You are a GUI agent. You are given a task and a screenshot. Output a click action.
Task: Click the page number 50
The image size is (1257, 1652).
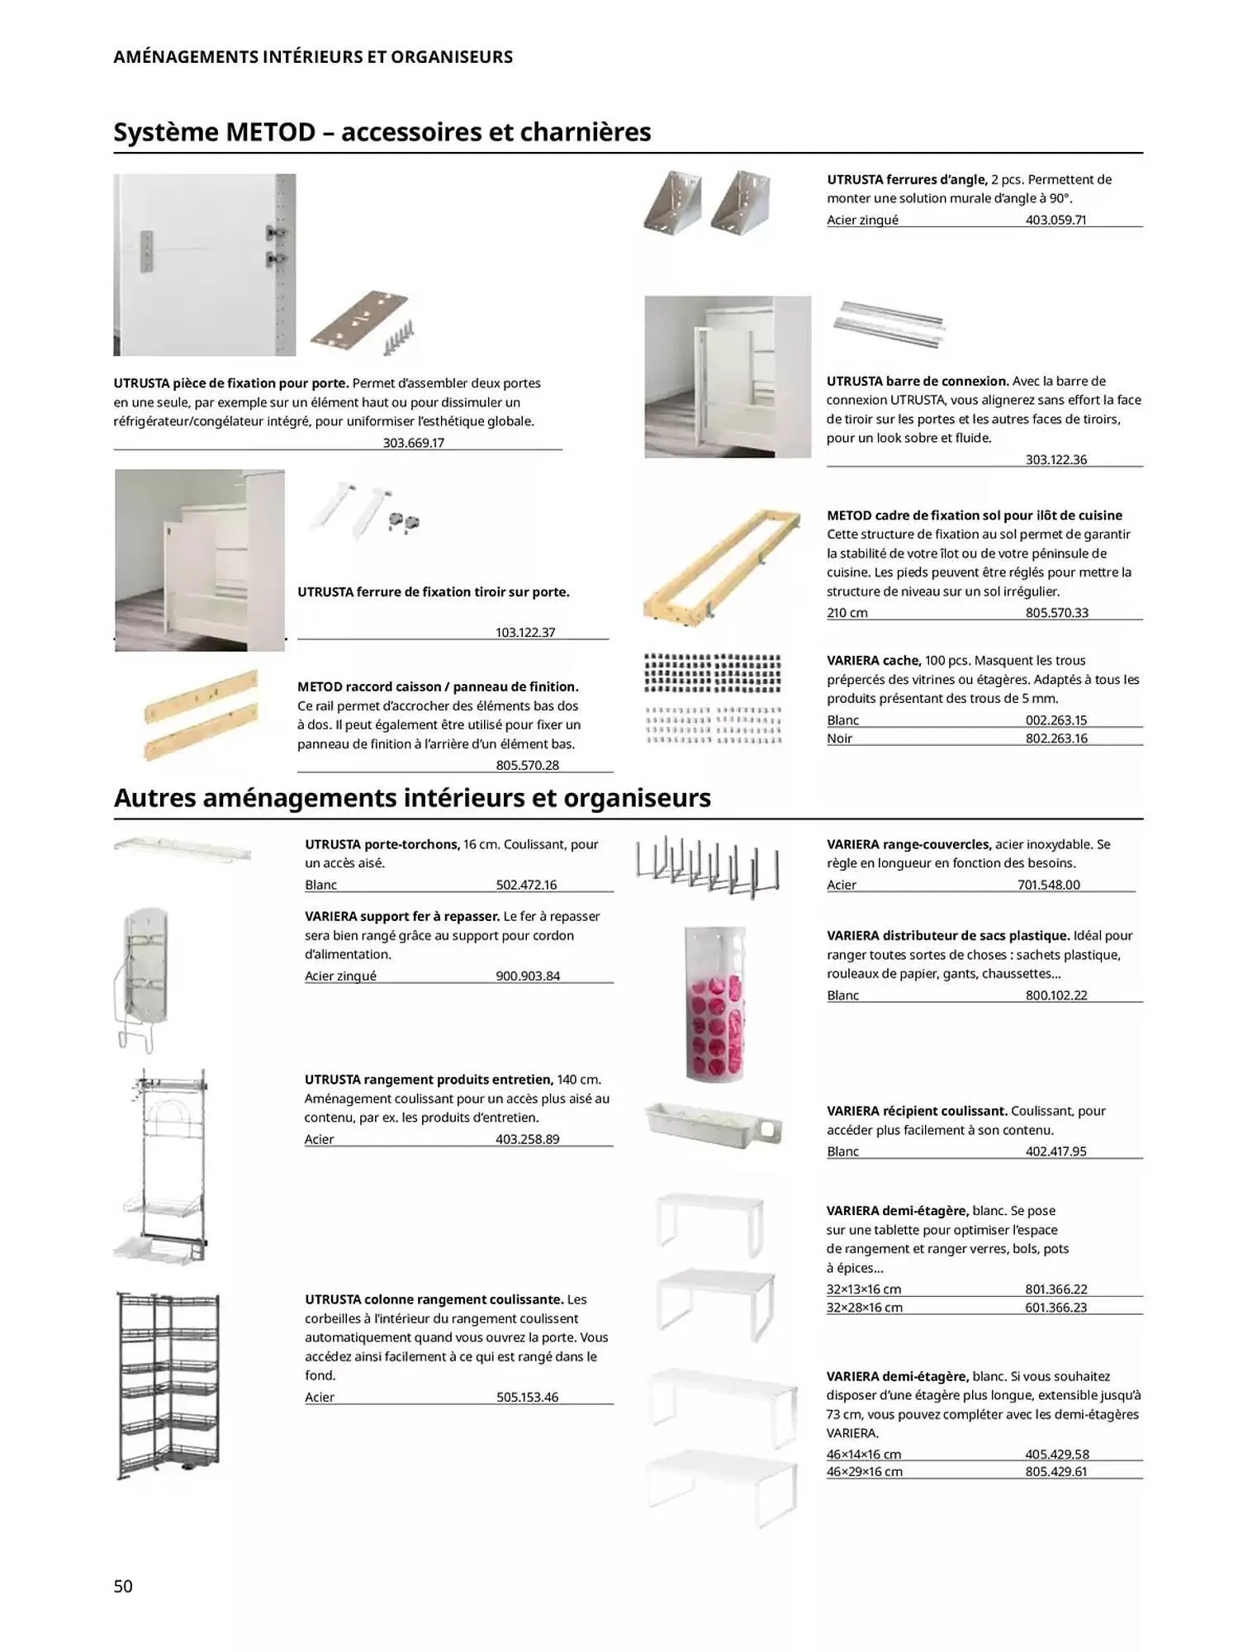(123, 1585)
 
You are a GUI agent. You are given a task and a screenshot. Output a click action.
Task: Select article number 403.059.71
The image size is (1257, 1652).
(1055, 220)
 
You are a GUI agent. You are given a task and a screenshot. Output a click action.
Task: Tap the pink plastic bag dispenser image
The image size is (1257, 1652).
(715, 1003)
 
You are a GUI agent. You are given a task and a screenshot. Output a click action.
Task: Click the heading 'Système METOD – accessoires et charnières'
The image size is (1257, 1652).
(382, 132)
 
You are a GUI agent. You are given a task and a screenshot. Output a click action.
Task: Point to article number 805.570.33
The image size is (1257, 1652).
(1056, 613)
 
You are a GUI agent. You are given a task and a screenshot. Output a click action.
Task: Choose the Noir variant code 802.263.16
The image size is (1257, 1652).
(1056, 738)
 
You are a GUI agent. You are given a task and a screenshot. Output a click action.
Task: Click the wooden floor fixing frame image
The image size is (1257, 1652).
(722, 567)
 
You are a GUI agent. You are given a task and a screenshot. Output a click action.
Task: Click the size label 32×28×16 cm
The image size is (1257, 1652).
(864, 1308)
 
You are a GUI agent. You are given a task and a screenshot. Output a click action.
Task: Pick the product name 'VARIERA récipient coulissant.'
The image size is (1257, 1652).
(917, 1111)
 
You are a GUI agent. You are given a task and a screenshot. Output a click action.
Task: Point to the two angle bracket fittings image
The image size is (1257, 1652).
(707, 202)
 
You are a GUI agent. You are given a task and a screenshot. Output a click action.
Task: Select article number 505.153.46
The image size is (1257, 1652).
(527, 1398)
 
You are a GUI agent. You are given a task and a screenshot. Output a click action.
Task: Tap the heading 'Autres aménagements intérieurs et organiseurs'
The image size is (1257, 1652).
(412, 799)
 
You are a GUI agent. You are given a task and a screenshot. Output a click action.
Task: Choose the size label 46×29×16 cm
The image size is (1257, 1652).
(864, 1472)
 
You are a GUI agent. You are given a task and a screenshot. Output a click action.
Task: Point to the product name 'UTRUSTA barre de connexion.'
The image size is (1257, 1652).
(918, 381)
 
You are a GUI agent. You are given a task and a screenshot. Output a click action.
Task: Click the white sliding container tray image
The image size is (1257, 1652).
(713, 1125)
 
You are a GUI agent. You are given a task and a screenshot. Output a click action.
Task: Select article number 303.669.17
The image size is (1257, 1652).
(413, 443)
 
